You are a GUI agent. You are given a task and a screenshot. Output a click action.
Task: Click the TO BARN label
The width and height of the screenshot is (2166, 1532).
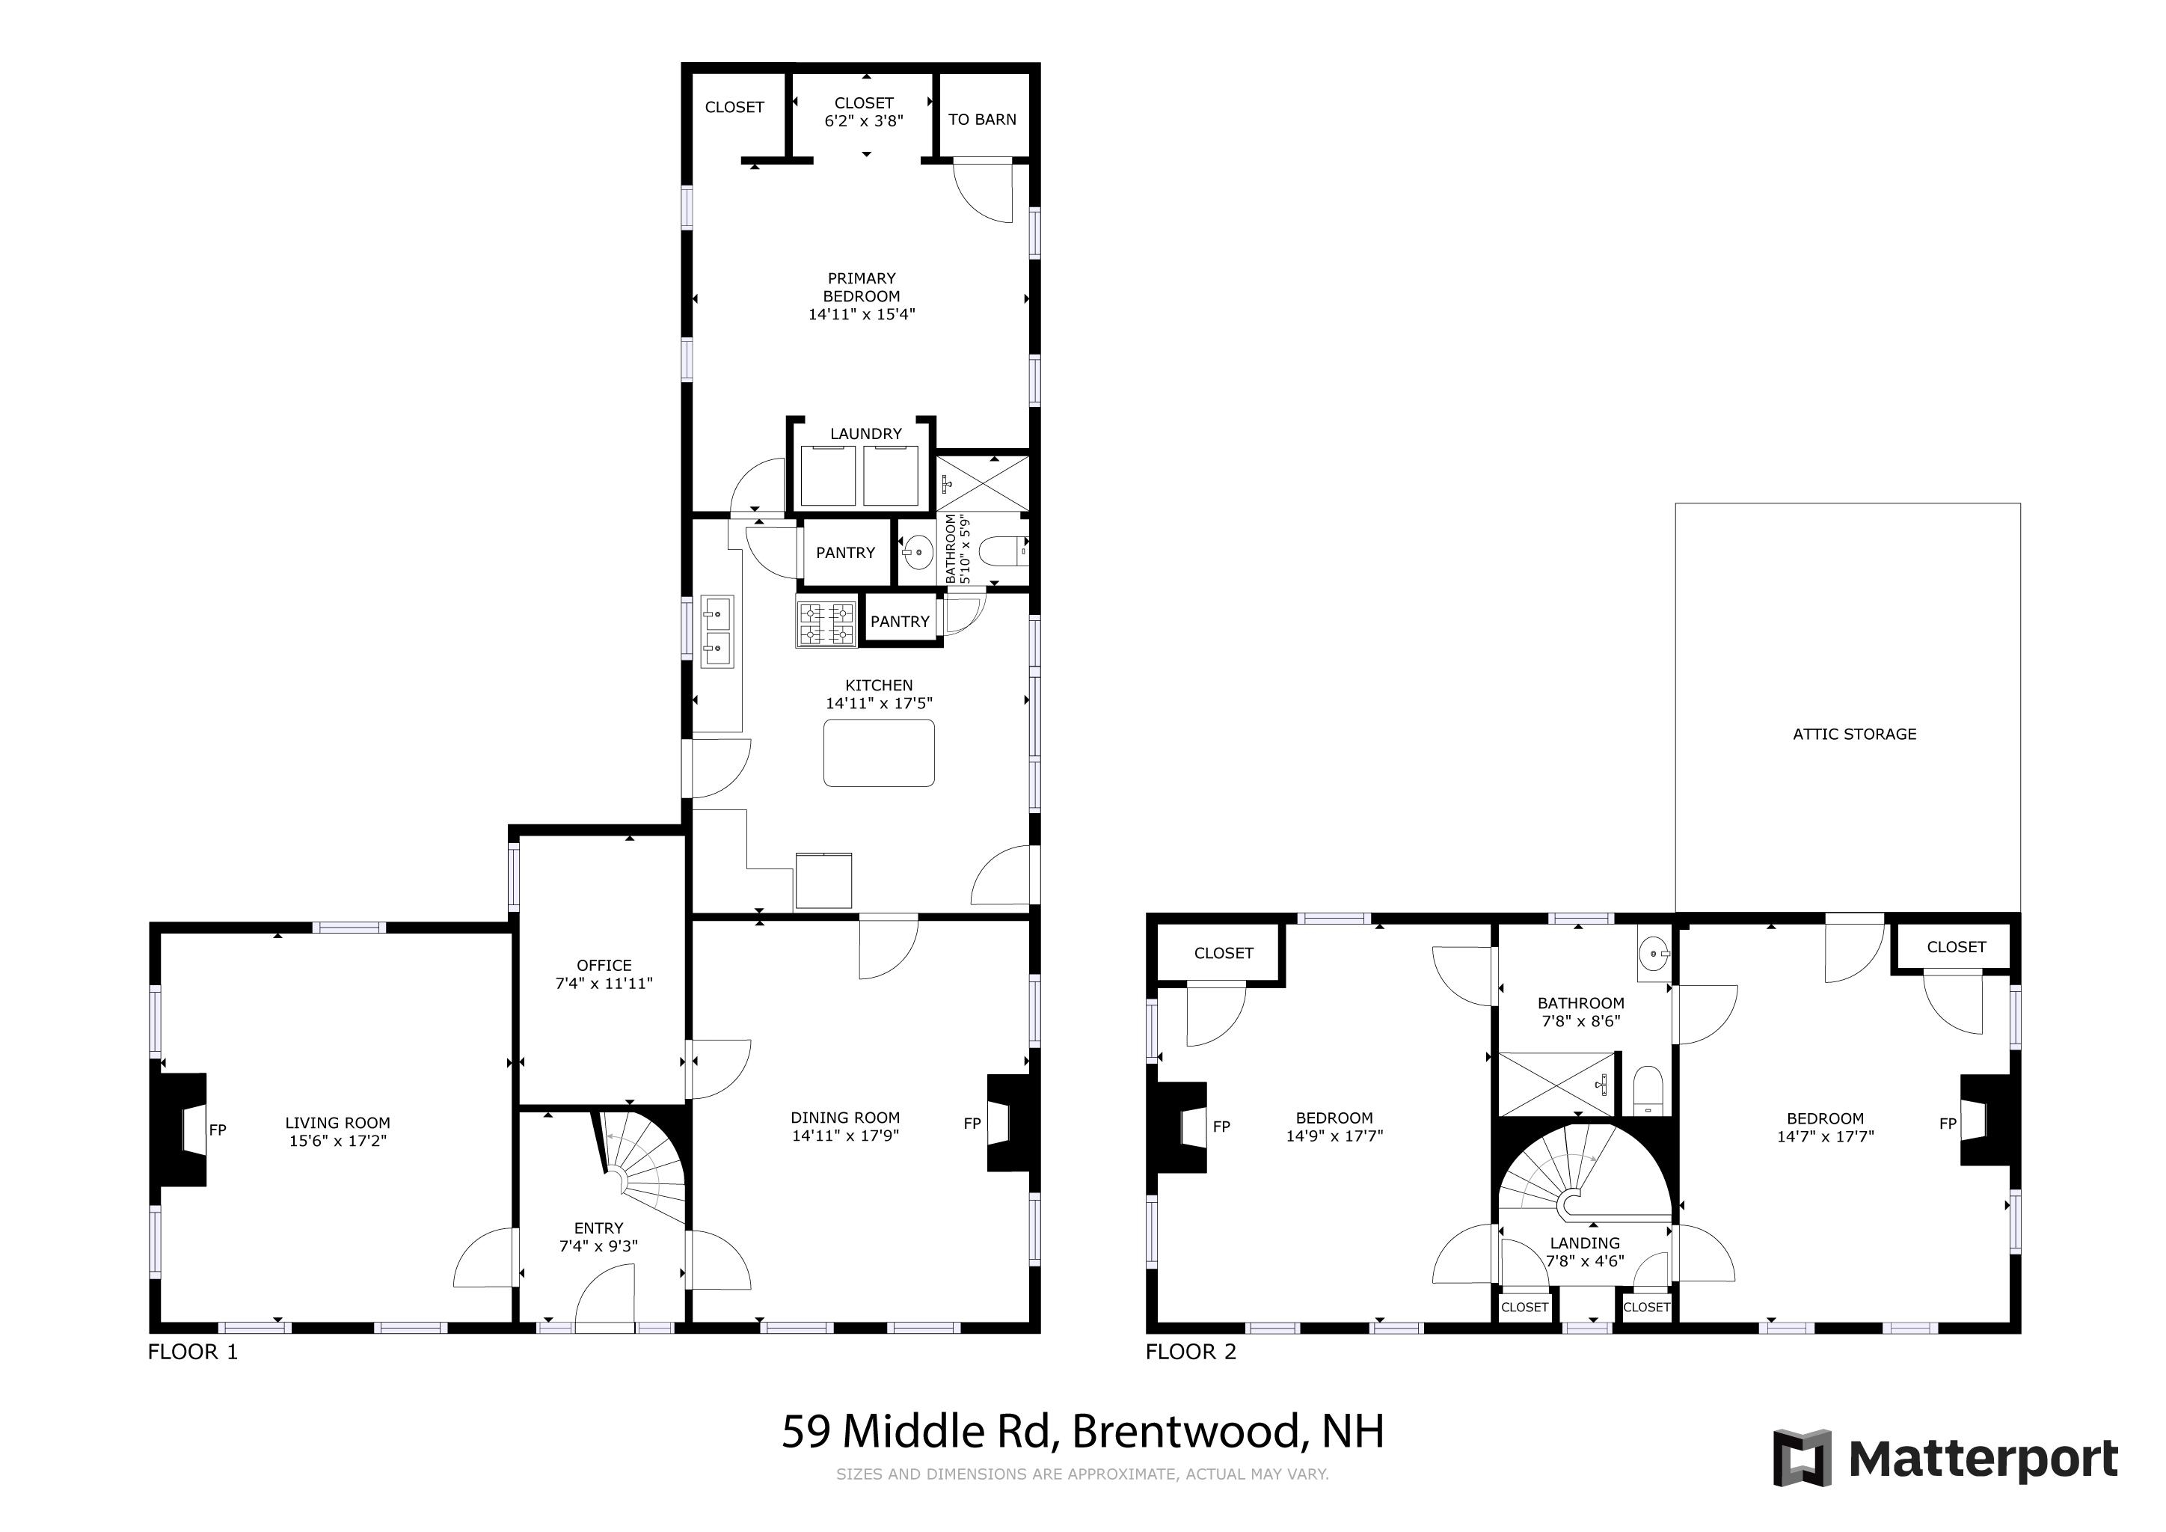982,120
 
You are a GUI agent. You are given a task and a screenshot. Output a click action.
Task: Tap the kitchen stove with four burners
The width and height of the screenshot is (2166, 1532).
827,625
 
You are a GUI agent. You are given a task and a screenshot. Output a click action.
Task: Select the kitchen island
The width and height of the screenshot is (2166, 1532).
880,753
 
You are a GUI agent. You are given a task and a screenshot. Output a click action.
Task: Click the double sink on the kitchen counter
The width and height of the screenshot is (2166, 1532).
717,632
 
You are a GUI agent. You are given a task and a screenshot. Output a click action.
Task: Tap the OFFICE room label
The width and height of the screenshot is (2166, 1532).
604,965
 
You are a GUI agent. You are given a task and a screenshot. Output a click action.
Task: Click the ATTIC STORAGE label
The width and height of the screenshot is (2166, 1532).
1855,734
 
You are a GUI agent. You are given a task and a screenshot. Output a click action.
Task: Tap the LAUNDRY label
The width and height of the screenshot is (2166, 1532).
866,434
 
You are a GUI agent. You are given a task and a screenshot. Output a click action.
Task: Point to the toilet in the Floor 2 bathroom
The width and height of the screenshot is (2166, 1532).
1648,1091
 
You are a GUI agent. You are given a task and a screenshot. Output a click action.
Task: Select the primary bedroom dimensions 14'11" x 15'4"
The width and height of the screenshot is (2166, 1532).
862,314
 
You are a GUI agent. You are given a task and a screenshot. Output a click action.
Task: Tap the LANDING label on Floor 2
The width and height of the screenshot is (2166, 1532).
1585,1243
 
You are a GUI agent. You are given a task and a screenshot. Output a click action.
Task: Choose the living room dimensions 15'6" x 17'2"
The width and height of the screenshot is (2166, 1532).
338,1141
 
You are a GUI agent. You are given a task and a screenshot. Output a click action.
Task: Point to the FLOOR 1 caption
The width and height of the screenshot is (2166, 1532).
192,1352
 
